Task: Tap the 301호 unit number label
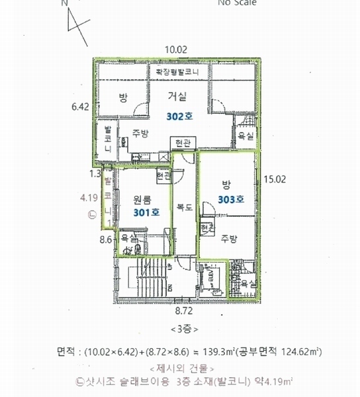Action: tap(146, 212)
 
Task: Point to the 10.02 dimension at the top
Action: tap(177, 49)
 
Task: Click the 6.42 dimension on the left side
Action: tap(80, 106)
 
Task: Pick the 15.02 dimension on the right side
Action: tap(273, 179)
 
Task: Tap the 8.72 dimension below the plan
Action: tap(184, 310)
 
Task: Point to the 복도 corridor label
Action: tap(185, 207)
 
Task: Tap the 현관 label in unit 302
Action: tap(180, 143)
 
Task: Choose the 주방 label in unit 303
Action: tap(229, 238)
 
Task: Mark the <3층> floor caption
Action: tap(184, 329)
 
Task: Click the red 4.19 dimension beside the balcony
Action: tap(88, 197)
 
